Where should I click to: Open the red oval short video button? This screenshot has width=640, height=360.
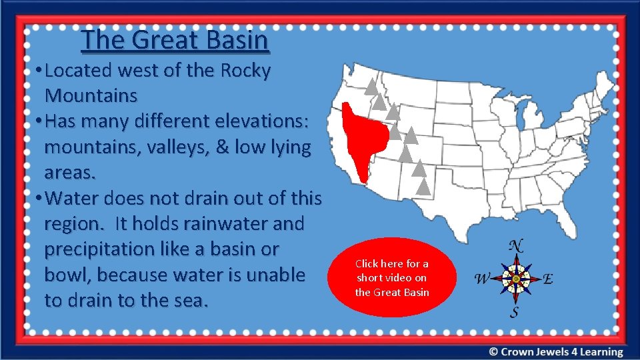(392, 278)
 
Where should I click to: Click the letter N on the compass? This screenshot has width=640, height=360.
(515, 245)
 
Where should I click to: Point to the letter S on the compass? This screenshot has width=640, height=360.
(515, 312)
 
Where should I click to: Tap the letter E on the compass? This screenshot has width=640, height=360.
(547, 279)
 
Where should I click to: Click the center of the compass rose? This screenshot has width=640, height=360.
(515, 278)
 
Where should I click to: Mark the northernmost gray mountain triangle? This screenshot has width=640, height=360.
(371, 85)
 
